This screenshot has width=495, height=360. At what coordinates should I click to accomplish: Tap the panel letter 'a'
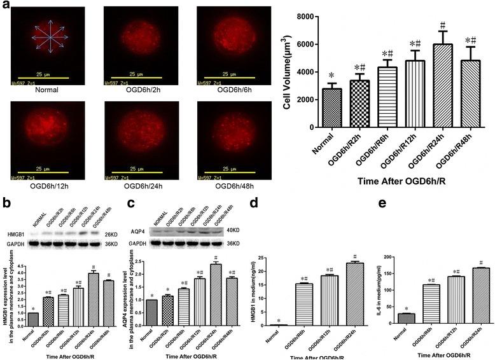6,5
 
